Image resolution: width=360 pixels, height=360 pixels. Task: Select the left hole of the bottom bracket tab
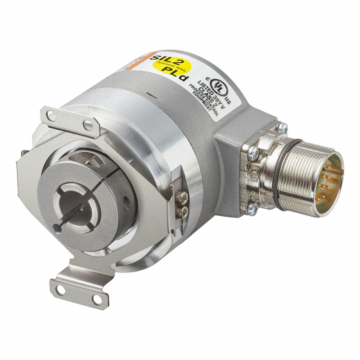click(64, 288)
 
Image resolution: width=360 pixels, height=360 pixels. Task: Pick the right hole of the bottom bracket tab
click(97, 300)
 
